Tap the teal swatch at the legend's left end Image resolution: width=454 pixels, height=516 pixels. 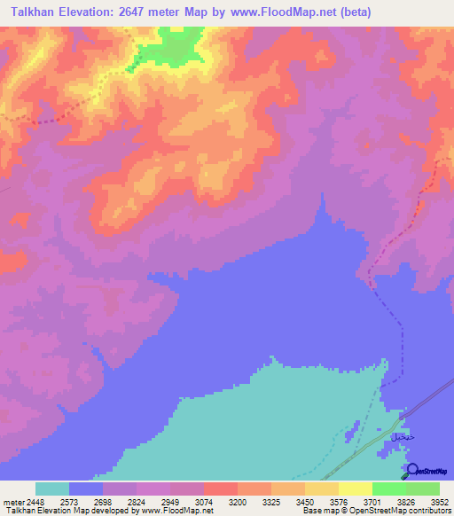[52, 489]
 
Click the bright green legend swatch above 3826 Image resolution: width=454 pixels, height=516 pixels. [389, 489]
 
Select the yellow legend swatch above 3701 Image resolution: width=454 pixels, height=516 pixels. [356, 489]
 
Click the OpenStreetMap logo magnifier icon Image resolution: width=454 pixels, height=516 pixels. [411, 469]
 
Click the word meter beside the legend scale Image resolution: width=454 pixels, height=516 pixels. [12, 501]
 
